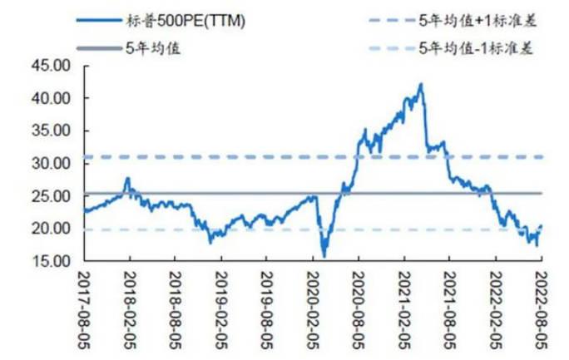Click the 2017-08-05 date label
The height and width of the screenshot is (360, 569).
click(x=86, y=304)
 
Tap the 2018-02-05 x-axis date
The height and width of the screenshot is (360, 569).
click(x=131, y=304)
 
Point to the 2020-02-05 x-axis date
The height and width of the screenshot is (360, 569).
click(x=313, y=304)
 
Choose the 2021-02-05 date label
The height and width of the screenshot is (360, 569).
click(x=404, y=304)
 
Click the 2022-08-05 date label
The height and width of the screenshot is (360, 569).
click(x=542, y=304)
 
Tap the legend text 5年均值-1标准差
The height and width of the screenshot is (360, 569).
click(x=475, y=47)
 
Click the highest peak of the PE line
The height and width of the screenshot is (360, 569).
click(x=421, y=84)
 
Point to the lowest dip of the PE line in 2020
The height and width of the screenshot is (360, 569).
click(x=324, y=255)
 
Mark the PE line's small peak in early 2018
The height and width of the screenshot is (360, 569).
click(x=128, y=178)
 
